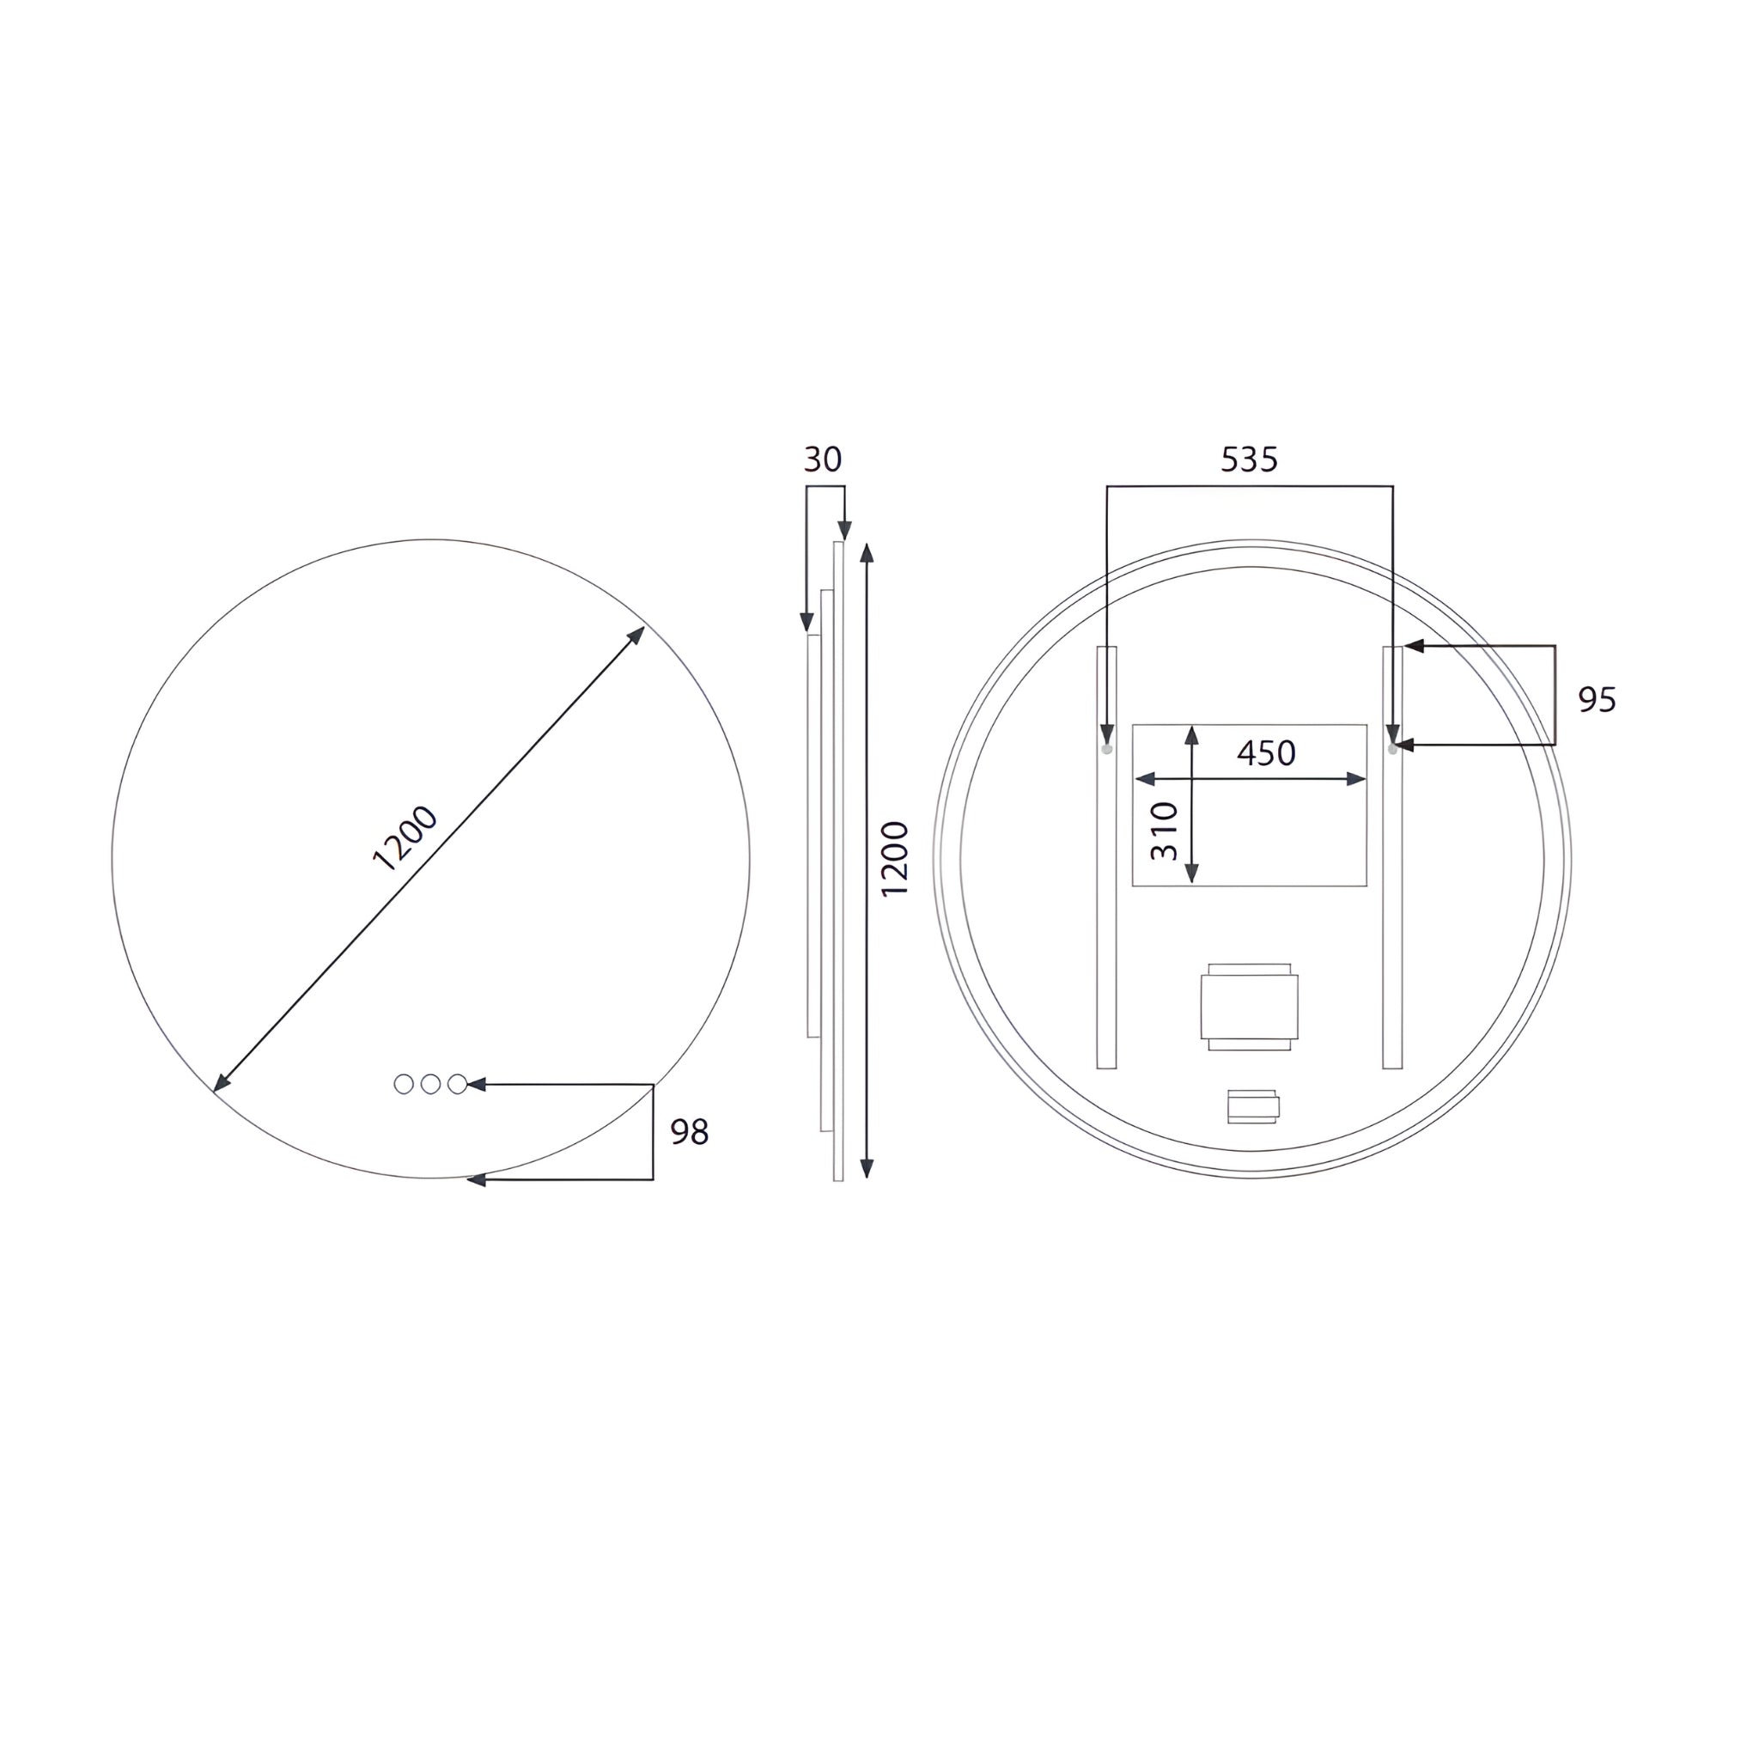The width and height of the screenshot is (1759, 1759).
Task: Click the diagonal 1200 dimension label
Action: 405,838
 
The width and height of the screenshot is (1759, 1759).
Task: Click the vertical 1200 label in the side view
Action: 895,859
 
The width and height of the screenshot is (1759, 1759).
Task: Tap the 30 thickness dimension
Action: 822,460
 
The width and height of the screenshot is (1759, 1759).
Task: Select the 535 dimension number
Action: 1249,460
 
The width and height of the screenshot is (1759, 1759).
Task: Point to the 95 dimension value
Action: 1597,699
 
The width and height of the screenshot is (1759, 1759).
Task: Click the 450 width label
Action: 1267,753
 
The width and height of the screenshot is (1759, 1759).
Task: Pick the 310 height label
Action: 1165,831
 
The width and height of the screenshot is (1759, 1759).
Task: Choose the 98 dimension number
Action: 689,1132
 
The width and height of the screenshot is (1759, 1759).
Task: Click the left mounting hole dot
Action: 1107,749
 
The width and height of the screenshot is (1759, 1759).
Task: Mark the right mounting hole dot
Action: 1392,749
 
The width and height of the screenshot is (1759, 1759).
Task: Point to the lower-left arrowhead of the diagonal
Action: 221,1083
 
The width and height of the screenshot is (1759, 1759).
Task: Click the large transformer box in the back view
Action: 1249,1007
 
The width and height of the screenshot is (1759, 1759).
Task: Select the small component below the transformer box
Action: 1253,1106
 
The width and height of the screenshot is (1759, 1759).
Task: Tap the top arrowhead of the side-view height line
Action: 867,551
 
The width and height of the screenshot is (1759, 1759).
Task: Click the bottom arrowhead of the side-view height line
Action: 867,1169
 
